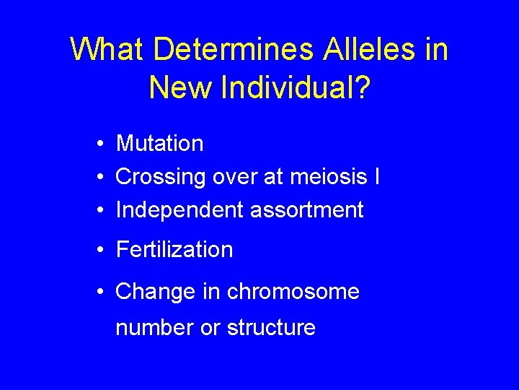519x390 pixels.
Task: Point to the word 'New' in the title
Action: (177, 87)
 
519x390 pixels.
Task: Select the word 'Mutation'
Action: (159, 144)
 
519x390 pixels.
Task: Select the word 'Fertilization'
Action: (174, 250)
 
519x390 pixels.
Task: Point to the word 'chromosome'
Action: (293, 292)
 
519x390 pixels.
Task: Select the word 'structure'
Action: (271, 328)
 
